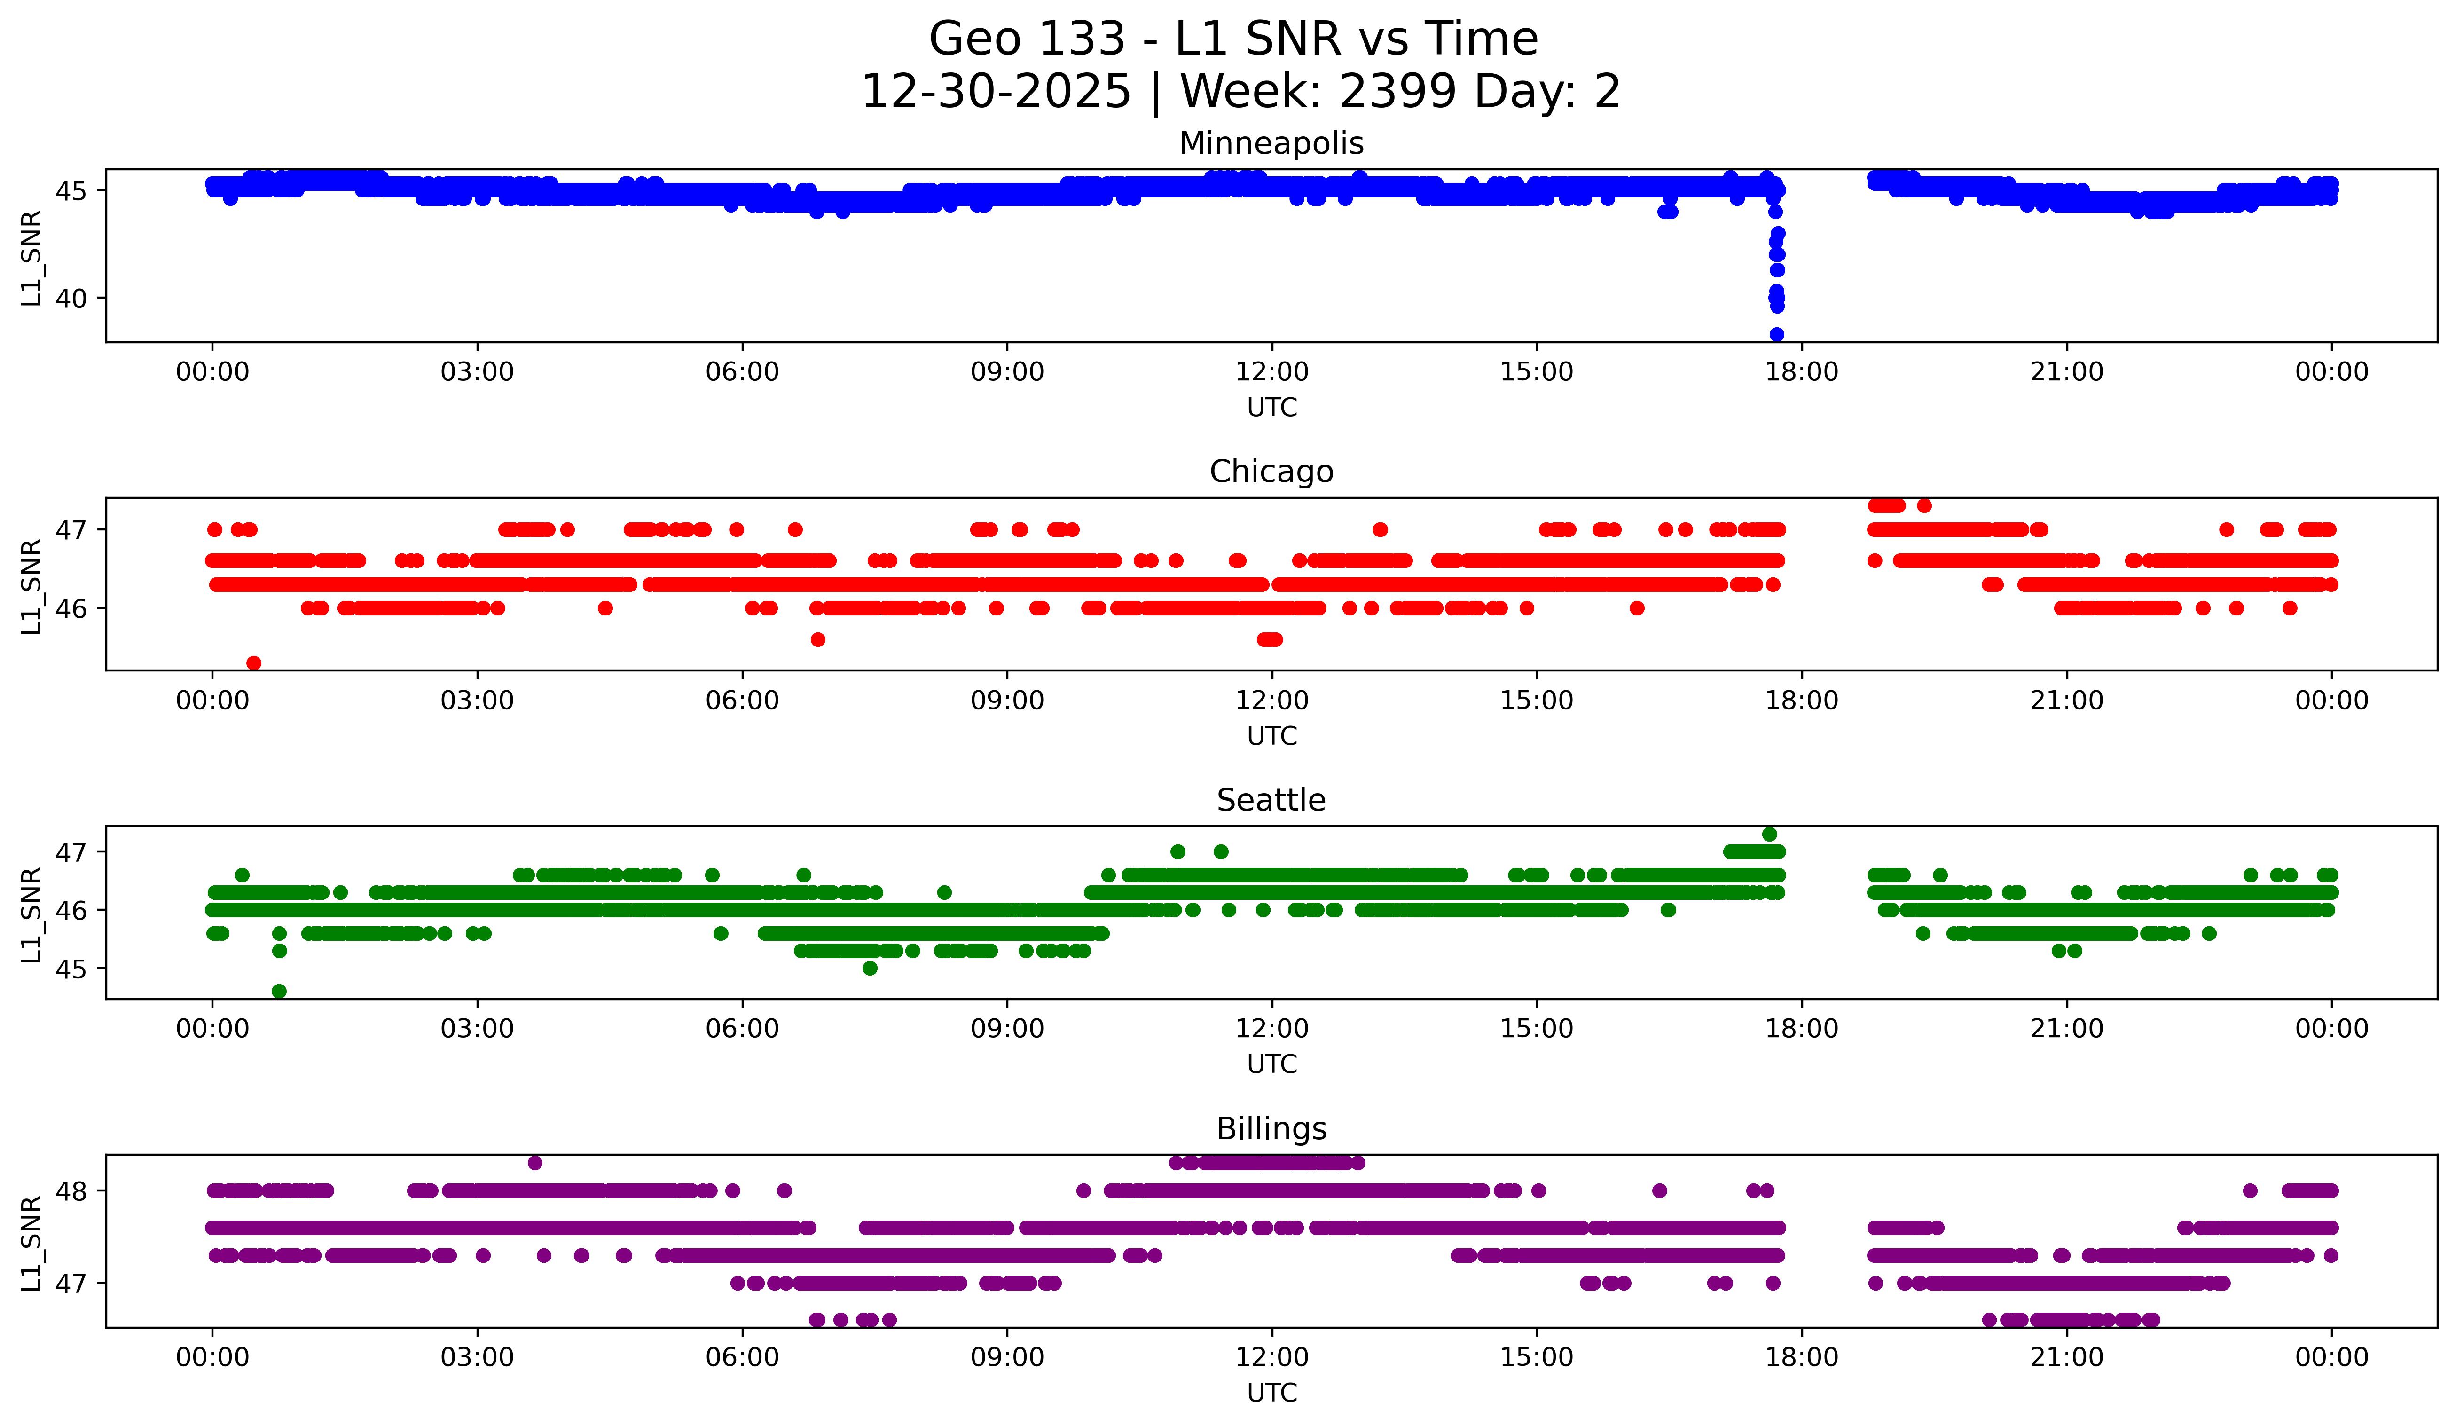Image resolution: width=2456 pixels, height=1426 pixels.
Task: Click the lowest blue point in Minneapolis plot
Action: [x=1777, y=334]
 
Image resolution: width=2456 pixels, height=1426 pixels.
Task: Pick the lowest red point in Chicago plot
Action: [x=253, y=663]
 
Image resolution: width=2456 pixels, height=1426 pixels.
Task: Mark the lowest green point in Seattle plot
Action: [x=279, y=991]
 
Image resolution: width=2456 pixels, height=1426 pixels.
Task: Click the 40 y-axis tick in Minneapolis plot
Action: [x=71, y=298]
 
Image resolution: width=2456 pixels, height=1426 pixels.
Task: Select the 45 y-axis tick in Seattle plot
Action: [x=71, y=969]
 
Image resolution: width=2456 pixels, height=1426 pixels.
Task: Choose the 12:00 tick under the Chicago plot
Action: [x=1272, y=700]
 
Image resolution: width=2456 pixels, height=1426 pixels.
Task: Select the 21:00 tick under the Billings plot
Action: [x=2066, y=1357]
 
